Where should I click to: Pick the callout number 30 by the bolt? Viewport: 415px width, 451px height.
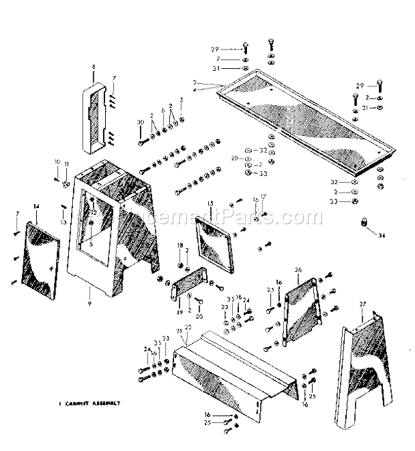(x=140, y=122)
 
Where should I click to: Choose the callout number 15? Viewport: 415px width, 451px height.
(x=210, y=203)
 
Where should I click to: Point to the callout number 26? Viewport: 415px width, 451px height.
(x=298, y=270)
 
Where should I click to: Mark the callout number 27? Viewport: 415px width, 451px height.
(x=363, y=304)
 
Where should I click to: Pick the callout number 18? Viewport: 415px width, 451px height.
(x=179, y=246)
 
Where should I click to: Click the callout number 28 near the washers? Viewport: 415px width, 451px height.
(x=234, y=158)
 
